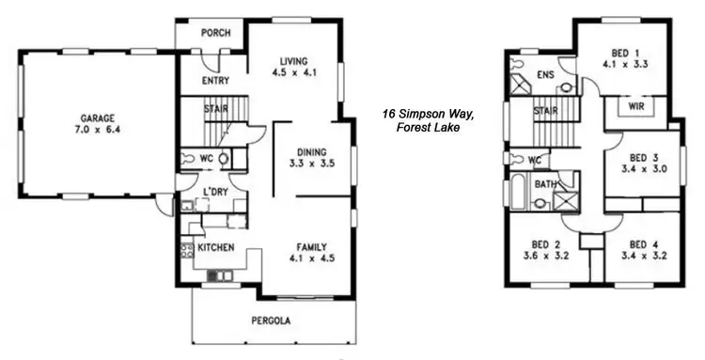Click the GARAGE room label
click(x=97, y=118)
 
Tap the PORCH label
click(x=217, y=32)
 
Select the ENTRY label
click(x=215, y=81)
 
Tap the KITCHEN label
click(x=215, y=247)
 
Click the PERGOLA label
click(x=271, y=321)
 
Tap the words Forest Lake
click(x=428, y=128)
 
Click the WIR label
click(x=636, y=106)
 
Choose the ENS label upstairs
click(x=544, y=75)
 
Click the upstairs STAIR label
click(x=546, y=112)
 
